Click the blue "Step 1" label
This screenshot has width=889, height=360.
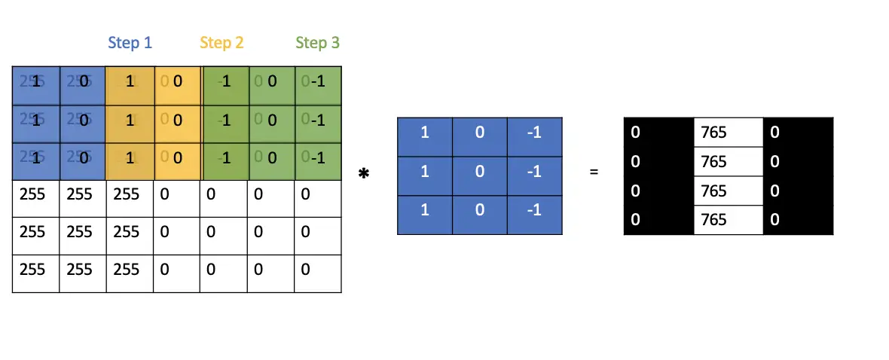[x=130, y=43]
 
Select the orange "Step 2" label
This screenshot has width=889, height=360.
[x=221, y=43]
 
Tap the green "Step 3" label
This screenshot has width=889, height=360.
[x=317, y=43]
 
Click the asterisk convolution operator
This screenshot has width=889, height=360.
[x=364, y=174]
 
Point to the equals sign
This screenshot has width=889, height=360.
[x=594, y=172]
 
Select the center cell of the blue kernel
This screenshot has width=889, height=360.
[x=479, y=171]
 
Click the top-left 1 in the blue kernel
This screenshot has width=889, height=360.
[x=424, y=133]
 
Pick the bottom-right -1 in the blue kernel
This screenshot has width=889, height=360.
[x=533, y=209]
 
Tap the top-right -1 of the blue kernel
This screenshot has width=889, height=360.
[x=533, y=133]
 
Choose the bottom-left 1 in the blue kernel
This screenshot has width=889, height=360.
[x=424, y=209]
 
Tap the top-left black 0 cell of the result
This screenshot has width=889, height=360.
[x=658, y=133]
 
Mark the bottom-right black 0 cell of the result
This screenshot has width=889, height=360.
[x=798, y=219]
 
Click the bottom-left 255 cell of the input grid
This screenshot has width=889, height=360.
[x=35, y=268]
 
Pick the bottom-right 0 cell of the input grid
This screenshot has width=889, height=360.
[x=317, y=268]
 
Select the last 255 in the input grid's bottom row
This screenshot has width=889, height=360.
[x=130, y=268]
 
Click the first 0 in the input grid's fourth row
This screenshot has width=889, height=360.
[x=176, y=195]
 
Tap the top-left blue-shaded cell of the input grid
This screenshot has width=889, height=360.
[x=35, y=81]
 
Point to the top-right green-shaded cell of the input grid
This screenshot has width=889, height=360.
[x=317, y=81]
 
